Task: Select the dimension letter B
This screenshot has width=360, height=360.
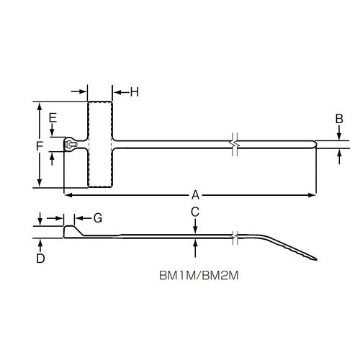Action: [339, 118]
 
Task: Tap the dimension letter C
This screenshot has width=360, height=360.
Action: [195, 211]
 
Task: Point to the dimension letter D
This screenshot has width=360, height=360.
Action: [41, 258]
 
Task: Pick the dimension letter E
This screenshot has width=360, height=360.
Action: [53, 117]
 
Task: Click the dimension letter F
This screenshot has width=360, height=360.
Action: [40, 145]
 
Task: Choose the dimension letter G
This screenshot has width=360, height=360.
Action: [99, 217]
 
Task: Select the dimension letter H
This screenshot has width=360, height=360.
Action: [135, 91]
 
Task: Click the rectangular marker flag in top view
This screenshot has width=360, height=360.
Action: [100, 145]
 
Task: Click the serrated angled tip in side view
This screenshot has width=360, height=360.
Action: [299, 251]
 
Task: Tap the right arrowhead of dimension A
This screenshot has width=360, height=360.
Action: [312, 194]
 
